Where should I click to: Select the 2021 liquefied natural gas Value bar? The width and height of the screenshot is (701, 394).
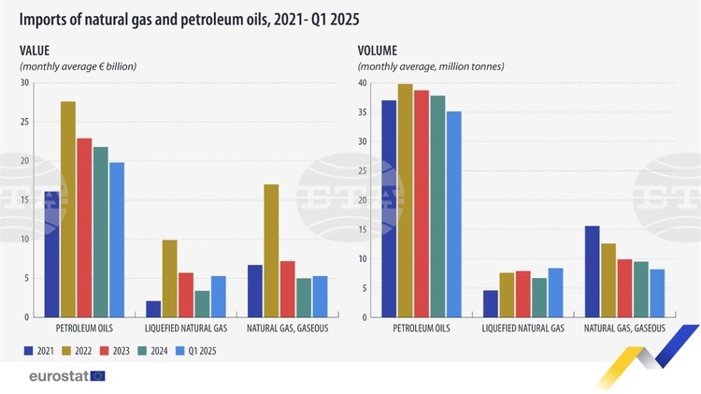[153, 309]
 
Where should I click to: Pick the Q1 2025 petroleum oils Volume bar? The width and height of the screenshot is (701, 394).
[454, 214]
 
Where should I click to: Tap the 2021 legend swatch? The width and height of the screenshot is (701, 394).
[27, 351]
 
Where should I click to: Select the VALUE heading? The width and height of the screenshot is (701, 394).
[36, 51]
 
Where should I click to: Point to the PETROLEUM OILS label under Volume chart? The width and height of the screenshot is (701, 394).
[421, 328]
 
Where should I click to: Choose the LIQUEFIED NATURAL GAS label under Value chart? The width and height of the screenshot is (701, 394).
[185, 328]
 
